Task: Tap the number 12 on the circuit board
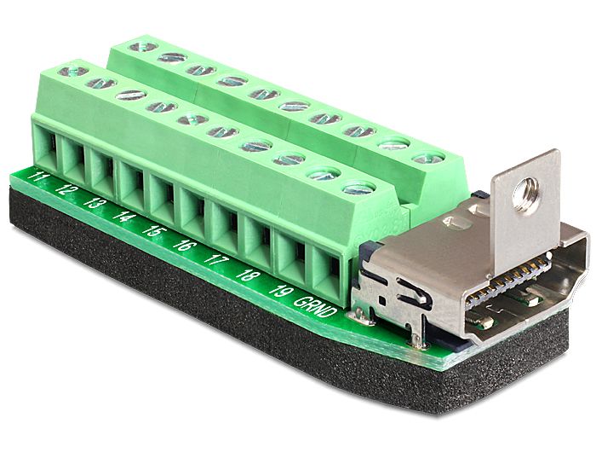pyautogui.click(x=66, y=189)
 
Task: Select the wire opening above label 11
pyautogui.click(x=49, y=147)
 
